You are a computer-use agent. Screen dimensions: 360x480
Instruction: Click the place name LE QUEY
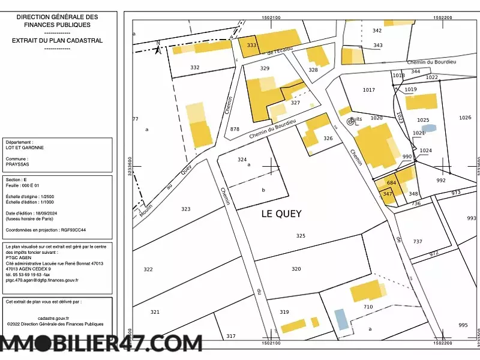[x=281, y=214]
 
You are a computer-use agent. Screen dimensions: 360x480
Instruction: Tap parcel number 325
[x=301, y=236]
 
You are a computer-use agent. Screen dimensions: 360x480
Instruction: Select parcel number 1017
[x=369, y=90]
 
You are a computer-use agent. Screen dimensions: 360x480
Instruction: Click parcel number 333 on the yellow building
[x=251, y=46]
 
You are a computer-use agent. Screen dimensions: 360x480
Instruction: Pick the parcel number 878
[x=235, y=129]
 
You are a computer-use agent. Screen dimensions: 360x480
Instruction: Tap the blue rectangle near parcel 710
[x=341, y=319]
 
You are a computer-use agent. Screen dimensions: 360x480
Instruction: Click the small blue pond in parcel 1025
[x=429, y=128]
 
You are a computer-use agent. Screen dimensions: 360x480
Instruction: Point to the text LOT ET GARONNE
[x=25, y=148]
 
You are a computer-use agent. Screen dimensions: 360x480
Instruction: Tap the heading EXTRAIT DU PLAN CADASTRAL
[x=57, y=41]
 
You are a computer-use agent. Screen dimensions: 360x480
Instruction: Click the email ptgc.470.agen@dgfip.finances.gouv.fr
[x=42, y=280]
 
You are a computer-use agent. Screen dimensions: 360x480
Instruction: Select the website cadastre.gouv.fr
[x=53, y=318]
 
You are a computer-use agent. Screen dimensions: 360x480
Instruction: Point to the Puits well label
[x=356, y=119]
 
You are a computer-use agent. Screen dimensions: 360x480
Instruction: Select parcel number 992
[x=441, y=181]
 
